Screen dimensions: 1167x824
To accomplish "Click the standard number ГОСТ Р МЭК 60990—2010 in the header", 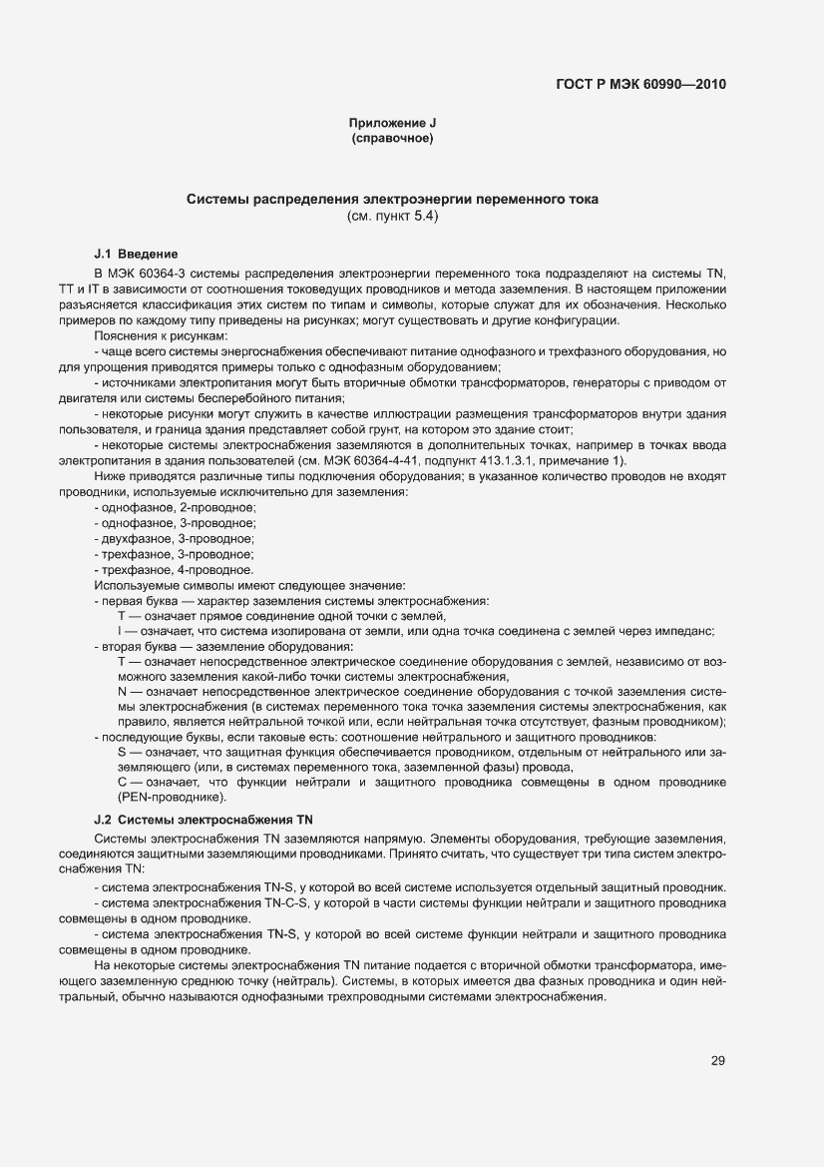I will point(639,84).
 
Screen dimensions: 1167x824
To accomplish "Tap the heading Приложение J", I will point(392,124).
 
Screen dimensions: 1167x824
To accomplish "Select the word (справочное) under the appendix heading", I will point(392,139).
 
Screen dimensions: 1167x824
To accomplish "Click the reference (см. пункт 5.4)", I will point(392,216).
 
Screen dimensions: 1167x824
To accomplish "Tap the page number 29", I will point(717,1060).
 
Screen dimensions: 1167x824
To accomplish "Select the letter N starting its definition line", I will point(122,691).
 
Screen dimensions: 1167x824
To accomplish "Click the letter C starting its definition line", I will point(122,783).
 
